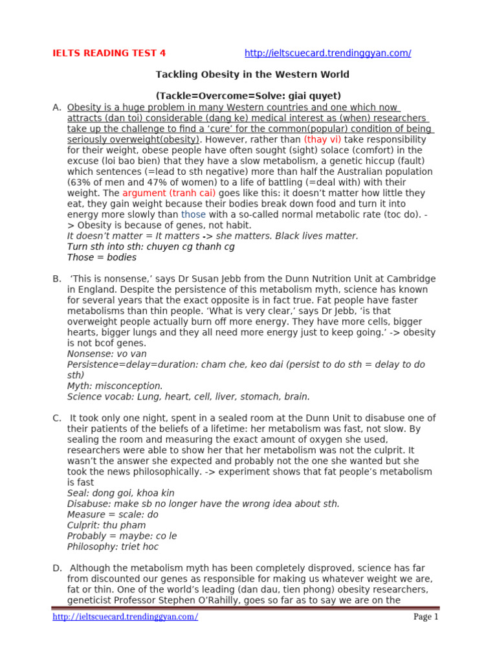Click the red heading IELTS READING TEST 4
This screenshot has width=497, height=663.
[109, 53]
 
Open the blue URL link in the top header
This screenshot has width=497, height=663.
[328, 53]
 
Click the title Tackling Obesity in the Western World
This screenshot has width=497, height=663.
[252, 74]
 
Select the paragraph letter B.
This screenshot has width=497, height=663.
[57, 278]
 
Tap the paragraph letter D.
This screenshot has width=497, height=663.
[57, 568]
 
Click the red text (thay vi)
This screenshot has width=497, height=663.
[322, 139]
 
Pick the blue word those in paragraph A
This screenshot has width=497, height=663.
[193, 214]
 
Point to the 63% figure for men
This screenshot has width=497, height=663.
[78, 183]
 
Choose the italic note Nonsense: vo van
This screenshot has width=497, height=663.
[107, 354]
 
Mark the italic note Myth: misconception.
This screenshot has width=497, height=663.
[115, 386]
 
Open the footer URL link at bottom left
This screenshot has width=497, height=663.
[126, 617]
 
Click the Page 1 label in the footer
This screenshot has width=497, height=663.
[426, 617]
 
